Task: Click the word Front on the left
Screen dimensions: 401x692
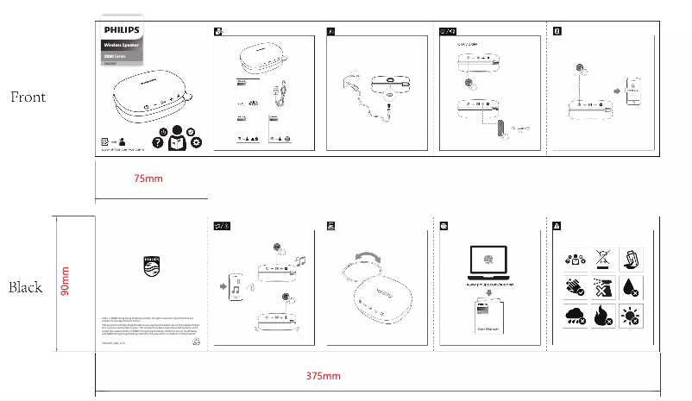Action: point(28,97)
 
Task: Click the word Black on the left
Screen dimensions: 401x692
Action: point(26,287)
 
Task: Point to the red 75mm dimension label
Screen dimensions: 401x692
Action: point(148,179)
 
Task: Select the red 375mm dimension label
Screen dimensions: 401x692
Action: point(324,376)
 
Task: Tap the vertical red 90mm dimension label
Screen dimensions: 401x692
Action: point(65,283)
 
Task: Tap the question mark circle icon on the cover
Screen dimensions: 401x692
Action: point(157,143)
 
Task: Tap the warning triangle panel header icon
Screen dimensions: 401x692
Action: point(557,225)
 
